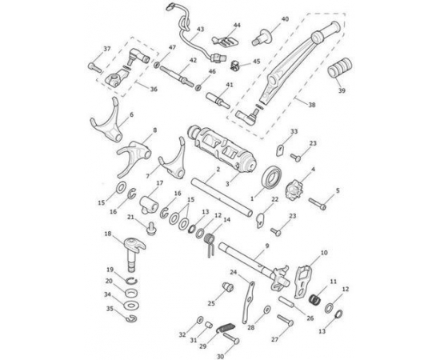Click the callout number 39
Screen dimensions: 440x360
[342, 90]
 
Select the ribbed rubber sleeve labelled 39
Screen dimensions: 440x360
[339, 68]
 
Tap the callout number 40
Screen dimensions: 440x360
[285, 19]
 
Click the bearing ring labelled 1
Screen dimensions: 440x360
[272, 177]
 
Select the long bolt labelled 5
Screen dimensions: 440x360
[318, 204]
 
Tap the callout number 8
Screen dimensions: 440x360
[155, 130]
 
